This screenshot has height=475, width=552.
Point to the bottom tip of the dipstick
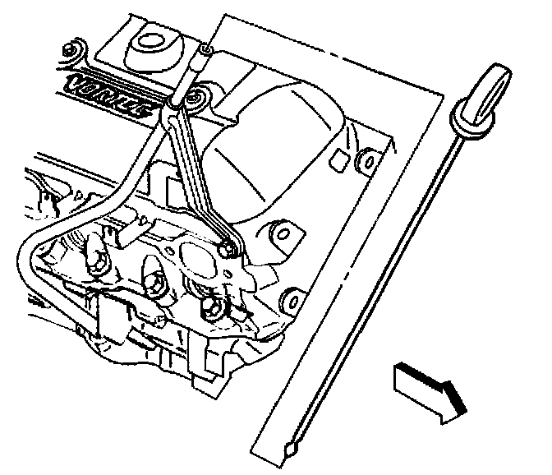click(290, 450)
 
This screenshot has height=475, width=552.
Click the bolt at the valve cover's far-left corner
click(71, 51)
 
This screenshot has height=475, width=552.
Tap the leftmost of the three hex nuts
click(97, 262)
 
